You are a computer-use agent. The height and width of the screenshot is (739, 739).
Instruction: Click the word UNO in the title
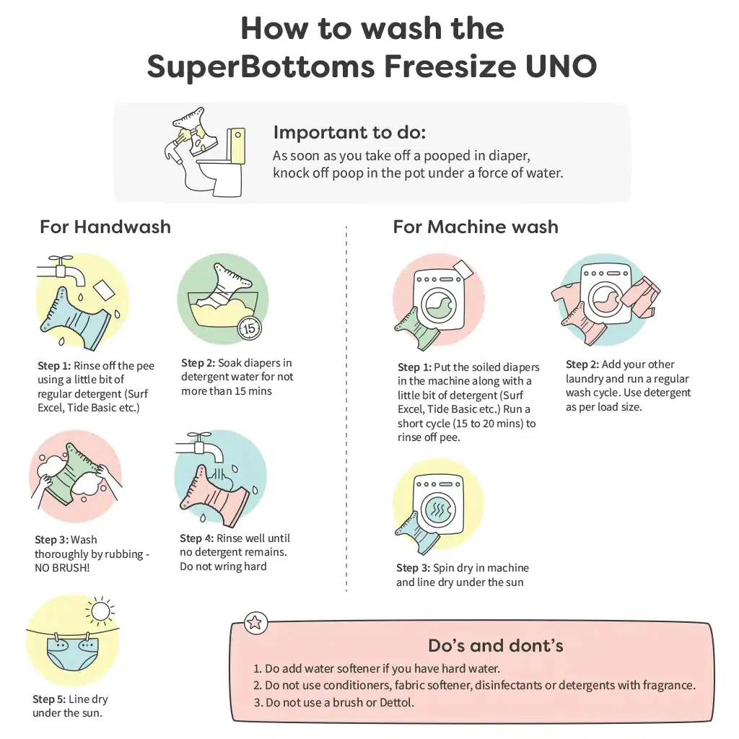click(558, 66)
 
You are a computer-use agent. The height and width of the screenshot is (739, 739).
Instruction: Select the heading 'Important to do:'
click(349, 133)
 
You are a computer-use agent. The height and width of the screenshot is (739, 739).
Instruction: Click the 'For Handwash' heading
click(105, 227)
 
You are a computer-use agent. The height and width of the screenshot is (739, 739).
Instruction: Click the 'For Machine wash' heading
click(476, 227)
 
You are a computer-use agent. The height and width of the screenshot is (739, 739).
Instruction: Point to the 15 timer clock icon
click(249, 328)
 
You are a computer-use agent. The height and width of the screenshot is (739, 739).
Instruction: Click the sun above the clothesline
click(99, 613)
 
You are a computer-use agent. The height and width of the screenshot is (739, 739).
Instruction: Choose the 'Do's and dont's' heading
click(496, 645)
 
